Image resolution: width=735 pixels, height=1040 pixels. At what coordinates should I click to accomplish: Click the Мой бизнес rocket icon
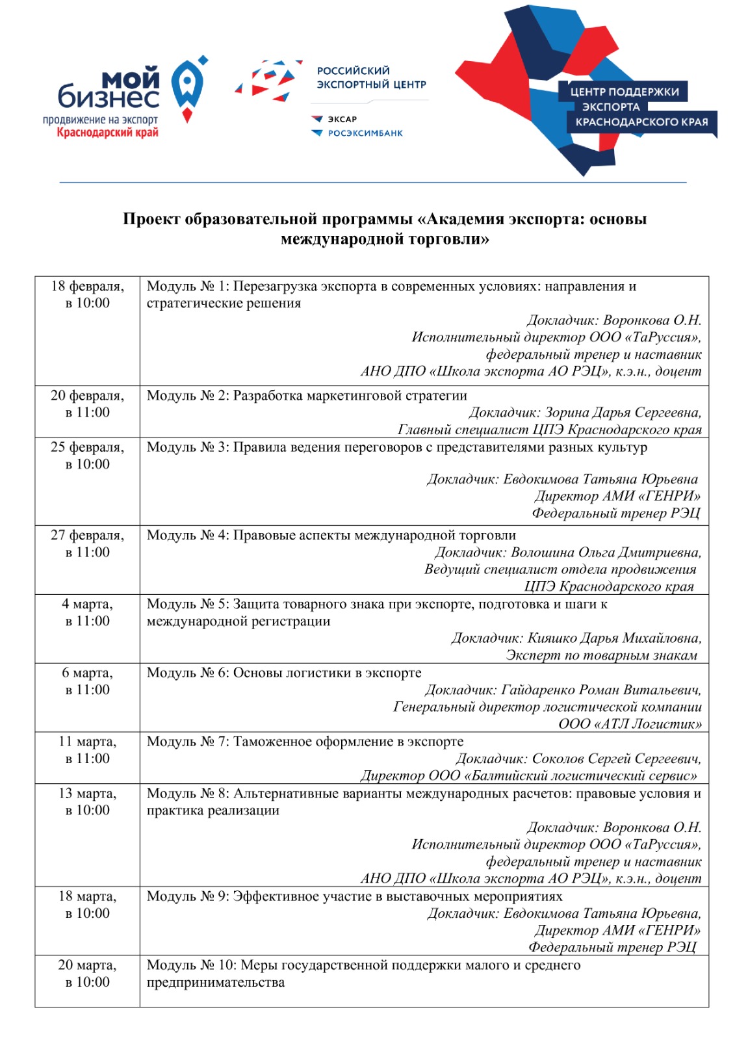(187, 88)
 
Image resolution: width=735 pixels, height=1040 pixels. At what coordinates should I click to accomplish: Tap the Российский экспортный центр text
(370, 77)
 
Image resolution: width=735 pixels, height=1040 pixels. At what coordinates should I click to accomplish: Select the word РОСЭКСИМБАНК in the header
(365, 133)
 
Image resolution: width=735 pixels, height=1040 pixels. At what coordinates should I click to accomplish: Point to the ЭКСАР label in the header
(342, 119)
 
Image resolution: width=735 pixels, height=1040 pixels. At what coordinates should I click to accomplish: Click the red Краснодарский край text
(107, 133)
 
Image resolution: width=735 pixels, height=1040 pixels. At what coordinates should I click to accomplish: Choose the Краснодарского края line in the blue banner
(641, 122)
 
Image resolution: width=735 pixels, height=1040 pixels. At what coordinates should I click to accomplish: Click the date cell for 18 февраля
(87, 294)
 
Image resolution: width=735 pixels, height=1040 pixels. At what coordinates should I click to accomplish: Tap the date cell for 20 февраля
(87, 404)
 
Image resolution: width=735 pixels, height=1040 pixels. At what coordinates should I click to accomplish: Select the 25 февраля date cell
(87, 456)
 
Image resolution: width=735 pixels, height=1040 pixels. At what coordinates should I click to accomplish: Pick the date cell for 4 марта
(87, 612)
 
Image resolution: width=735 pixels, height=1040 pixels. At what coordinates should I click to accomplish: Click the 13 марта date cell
(87, 801)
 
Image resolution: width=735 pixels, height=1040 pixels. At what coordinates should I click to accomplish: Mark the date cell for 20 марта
(87, 973)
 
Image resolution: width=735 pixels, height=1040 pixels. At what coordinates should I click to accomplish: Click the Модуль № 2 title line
(307, 395)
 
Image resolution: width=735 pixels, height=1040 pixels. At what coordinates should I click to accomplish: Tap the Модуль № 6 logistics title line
(284, 673)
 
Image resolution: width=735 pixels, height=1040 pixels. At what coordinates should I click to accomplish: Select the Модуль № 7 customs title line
(305, 742)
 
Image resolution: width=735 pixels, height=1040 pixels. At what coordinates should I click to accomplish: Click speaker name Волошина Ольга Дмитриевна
(606, 552)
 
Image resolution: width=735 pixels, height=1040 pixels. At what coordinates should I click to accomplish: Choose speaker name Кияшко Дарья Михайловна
(613, 638)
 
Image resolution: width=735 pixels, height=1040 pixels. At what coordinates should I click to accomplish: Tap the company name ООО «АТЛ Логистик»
(630, 724)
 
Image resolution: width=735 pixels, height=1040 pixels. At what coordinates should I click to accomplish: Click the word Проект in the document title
(151, 219)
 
